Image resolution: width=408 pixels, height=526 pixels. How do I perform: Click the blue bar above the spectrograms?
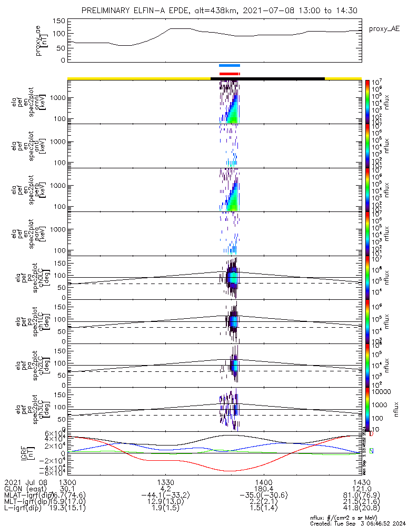(230, 66)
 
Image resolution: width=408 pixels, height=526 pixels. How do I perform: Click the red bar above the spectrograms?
(230, 74)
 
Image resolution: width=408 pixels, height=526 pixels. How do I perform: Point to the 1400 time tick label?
(263, 482)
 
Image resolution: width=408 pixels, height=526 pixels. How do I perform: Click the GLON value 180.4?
(263, 489)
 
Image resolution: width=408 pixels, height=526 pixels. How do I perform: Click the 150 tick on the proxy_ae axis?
(59, 21)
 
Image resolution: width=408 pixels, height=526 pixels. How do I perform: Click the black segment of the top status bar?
(267, 78)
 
